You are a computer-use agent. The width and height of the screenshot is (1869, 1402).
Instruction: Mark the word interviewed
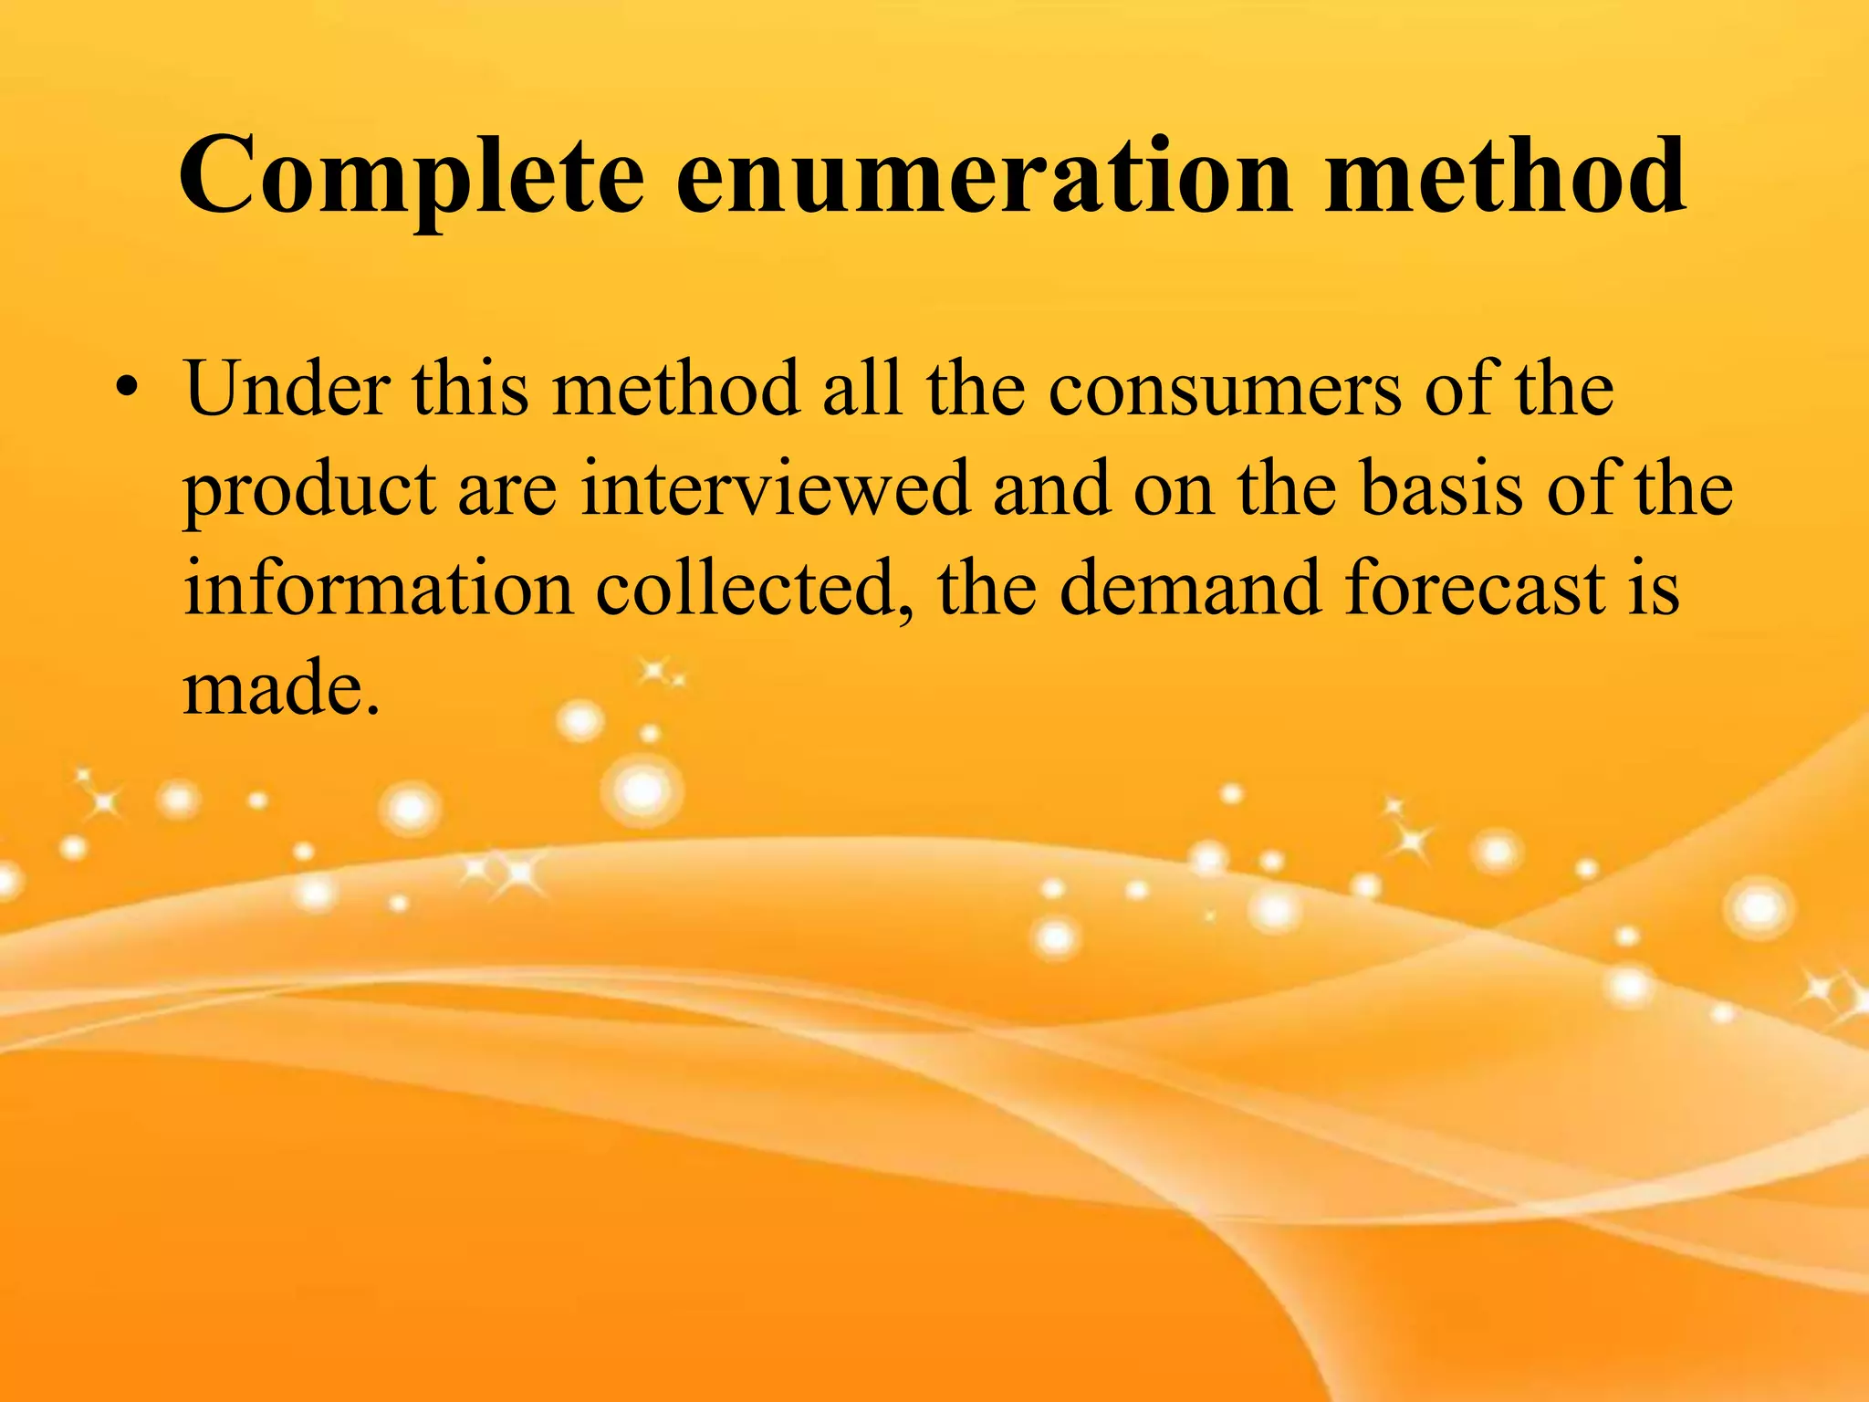(775, 489)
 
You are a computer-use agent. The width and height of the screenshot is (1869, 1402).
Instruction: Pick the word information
(379, 589)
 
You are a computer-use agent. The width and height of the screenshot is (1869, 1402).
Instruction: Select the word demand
(1190, 589)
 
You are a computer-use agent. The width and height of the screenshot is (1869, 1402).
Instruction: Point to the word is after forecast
(1655, 589)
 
